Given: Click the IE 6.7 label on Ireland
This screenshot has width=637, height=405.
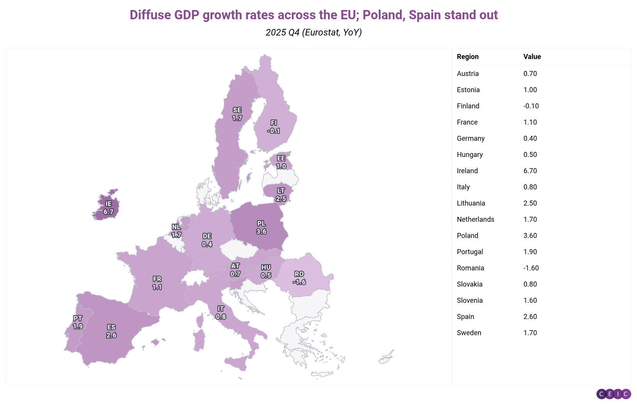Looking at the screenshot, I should click(108, 208).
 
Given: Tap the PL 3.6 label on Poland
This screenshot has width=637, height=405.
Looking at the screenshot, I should click(261, 228).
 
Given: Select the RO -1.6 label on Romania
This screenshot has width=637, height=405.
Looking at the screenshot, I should click(299, 278).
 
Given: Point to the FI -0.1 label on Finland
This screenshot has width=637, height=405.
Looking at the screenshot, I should click(274, 127).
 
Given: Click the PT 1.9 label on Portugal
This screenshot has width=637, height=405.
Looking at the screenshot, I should click(78, 322).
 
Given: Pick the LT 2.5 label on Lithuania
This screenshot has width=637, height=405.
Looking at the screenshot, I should click(281, 195).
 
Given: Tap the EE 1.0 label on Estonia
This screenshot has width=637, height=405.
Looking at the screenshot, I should click(281, 162).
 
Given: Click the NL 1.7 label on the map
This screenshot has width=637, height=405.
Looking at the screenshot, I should click(176, 231).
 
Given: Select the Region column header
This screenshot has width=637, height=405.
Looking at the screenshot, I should click(468, 57).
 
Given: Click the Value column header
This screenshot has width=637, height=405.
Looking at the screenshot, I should click(532, 57).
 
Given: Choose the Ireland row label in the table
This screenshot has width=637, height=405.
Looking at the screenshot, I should click(467, 171).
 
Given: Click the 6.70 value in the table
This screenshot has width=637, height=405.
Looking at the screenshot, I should click(530, 171).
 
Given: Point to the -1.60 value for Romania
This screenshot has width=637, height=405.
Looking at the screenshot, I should click(531, 268).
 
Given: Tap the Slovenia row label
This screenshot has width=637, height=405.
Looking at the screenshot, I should click(469, 300).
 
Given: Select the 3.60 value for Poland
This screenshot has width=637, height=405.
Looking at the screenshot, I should click(530, 236).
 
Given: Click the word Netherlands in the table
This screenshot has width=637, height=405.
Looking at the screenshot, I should click(475, 219).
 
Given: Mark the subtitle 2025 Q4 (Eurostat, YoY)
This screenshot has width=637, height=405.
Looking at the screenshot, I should click(313, 32).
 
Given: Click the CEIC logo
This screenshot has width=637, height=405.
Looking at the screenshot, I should click(613, 394).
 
